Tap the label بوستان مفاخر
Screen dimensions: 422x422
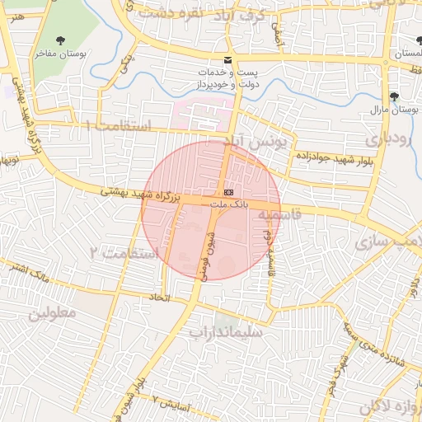tap(60, 53)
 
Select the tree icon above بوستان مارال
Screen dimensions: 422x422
tap(394, 96)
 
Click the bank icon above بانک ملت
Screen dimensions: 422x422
tap(228, 190)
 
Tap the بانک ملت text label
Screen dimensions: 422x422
tap(228, 202)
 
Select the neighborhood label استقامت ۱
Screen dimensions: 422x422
tap(119, 126)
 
